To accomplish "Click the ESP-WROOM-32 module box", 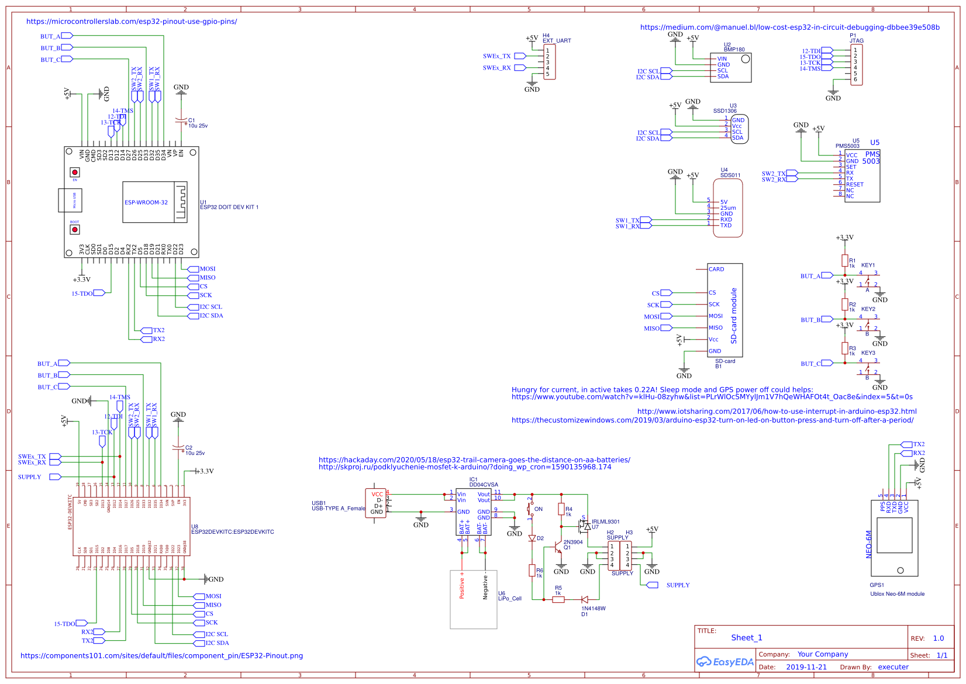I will pyautogui.click(x=146, y=202).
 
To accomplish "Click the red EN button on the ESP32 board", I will pyautogui.click(x=75, y=172).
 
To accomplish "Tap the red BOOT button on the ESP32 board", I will pyautogui.click(x=75, y=229).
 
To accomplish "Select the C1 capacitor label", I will pyautogui.click(x=192, y=120).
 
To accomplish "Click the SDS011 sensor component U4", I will pyautogui.click(x=728, y=208).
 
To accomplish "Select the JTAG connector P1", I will pyautogui.click(x=856, y=64).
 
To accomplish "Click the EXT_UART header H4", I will pyautogui.click(x=549, y=61).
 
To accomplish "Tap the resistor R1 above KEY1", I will pyautogui.click(x=844, y=260).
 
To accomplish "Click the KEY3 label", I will pyautogui.click(x=868, y=353).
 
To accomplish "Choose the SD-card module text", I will pyautogui.click(x=734, y=316).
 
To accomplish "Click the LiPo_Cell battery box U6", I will pyautogui.click(x=474, y=600).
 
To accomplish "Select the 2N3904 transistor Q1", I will pyautogui.click(x=558, y=548).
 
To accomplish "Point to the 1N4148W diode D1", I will pyautogui.click(x=585, y=599).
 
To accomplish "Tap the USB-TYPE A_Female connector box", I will pyautogui.click(x=375, y=503).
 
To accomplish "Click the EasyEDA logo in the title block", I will pyautogui.click(x=724, y=662).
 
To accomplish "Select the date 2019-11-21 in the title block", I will pyautogui.click(x=806, y=667).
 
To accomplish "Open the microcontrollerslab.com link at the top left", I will pyautogui.click(x=132, y=22).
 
